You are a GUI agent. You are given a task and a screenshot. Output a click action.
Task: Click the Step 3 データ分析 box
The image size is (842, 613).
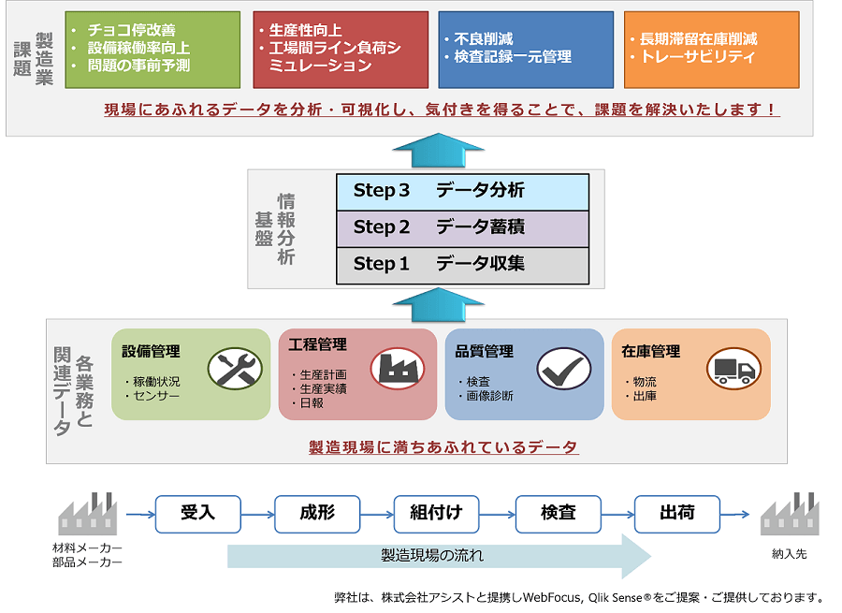point(462,191)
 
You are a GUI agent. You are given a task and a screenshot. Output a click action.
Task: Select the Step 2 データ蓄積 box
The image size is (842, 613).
point(462,227)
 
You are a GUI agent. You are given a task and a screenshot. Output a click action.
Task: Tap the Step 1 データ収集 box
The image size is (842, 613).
point(462,264)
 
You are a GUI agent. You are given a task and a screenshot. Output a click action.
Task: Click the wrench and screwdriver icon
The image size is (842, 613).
point(228,368)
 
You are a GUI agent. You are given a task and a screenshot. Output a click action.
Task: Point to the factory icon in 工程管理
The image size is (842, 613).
point(397,369)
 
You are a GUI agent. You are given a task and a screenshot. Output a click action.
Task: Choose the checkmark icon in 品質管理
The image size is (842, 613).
point(563,369)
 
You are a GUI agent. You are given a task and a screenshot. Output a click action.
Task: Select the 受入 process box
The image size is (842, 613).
point(197,513)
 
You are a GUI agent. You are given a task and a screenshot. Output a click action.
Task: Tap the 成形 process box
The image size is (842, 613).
point(317,513)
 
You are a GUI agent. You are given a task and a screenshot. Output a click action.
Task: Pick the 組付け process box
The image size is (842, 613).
point(437,513)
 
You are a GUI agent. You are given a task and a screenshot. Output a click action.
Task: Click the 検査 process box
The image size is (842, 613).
point(558,513)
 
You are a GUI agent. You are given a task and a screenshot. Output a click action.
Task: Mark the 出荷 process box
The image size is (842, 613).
point(677,513)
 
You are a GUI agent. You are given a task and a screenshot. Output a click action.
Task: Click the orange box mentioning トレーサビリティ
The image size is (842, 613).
point(711,49)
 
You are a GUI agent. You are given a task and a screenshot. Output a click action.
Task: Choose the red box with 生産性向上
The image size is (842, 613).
point(341,49)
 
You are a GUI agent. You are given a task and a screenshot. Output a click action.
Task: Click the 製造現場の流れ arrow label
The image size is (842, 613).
point(432,556)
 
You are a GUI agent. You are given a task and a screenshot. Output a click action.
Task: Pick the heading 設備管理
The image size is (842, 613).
point(151,351)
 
